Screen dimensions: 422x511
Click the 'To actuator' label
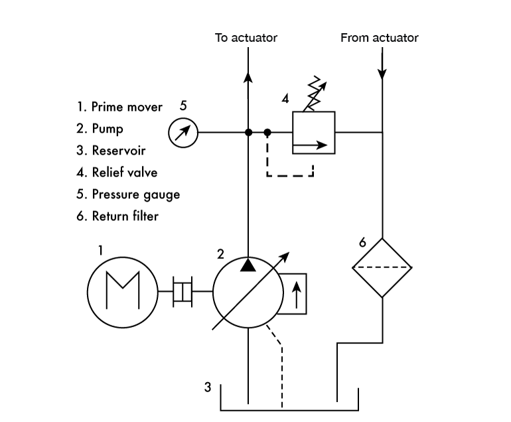pyautogui.click(x=246, y=38)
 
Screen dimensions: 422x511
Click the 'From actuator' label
pyautogui.click(x=380, y=38)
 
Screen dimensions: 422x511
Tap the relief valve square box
pyautogui.click(x=313, y=132)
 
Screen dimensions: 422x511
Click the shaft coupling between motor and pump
pyautogui.click(x=183, y=291)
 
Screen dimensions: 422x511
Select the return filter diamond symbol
pyautogui.click(x=382, y=267)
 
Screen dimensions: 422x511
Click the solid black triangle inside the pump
pyautogui.click(x=248, y=265)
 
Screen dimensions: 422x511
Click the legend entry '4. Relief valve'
pyautogui.click(x=117, y=173)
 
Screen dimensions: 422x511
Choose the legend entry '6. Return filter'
pyautogui.click(x=117, y=216)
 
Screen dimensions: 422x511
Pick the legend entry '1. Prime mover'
pyautogui.click(x=119, y=107)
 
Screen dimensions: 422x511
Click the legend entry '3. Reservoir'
pyautogui.click(x=111, y=151)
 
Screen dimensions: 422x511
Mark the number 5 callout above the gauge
pyautogui.click(x=183, y=105)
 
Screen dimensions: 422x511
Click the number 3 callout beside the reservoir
pyautogui.click(x=207, y=387)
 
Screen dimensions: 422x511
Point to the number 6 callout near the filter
pyautogui.click(x=362, y=243)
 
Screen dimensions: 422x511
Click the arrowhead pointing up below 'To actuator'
pyautogui.click(x=248, y=76)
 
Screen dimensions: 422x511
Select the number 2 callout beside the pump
pyautogui.click(x=220, y=253)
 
